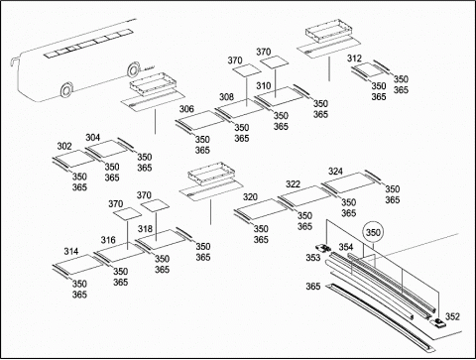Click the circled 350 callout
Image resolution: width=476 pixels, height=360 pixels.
373,233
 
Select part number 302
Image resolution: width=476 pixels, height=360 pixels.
64,146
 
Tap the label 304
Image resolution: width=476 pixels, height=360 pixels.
93,138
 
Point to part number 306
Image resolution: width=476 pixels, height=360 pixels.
186,109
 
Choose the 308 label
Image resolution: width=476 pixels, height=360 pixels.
226,97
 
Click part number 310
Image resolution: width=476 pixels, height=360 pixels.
264,86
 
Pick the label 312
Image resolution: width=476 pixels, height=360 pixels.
354,59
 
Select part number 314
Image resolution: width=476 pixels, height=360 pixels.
71,251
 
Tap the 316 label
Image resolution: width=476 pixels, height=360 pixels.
108,240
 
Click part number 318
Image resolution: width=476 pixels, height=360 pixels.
145,229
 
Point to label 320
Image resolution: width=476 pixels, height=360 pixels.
250,197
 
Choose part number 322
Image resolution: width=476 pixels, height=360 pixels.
293,184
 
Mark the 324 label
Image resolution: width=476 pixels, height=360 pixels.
335,172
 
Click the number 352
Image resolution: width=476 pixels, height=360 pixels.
452,316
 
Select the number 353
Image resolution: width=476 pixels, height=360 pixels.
313,257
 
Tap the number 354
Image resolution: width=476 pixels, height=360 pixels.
346,247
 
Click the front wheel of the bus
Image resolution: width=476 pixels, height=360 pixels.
66,89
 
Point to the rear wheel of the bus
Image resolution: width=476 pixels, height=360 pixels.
133,70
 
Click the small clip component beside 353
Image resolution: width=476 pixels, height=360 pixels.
323,248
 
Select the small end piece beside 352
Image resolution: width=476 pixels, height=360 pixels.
437,322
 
